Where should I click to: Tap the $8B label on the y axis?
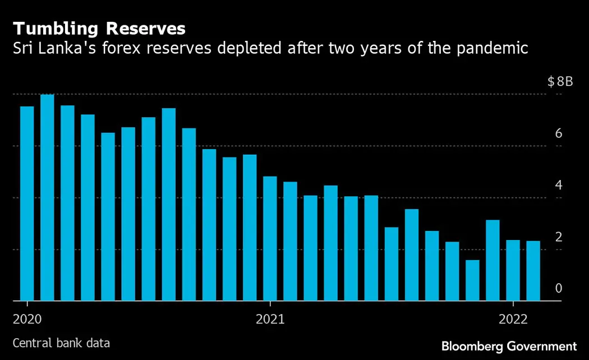point(560,82)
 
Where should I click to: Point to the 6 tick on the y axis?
point(559,133)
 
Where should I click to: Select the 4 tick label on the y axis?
point(559,185)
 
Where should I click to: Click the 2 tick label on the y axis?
point(559,237)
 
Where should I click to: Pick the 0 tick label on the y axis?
point(559,288)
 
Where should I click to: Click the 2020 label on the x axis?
point(27,320)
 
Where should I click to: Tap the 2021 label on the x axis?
point(270,320)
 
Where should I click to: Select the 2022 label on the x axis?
point(513,320)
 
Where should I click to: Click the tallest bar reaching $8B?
point(47,197)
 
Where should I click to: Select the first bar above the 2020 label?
point(27,204)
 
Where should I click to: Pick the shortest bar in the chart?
point(472,280)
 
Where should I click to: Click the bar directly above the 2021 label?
point(270,238)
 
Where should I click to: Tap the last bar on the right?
point(533,271)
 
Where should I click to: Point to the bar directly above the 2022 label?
point(513,270)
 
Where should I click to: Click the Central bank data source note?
point(61,343)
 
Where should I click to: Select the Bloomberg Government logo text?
point(509,346)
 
